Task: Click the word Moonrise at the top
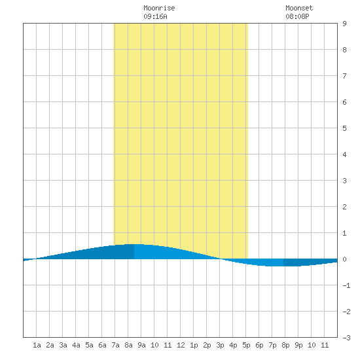[159, 8]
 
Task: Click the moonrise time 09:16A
[155, 16]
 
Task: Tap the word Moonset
[299, 8]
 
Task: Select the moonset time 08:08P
[297, 16]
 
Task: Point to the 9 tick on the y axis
[344, 24]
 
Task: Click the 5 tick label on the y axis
[344, 128]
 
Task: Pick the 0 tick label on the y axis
[344, 259]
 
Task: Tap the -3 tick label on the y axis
[346, 338]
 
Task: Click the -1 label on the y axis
[346, 285]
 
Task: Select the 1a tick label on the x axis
[37, 345]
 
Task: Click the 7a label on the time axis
[115, 345]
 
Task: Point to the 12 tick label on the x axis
[181, 345]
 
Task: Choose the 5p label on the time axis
[246, 345]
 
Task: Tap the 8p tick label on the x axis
[285, 345]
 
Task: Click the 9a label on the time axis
[141, 345]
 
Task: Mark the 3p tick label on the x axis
[220, 345]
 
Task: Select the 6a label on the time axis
[102, 345]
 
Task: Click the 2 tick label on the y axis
[344, 207]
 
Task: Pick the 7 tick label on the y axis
[344, 76]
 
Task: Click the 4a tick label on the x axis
[76, 345]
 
